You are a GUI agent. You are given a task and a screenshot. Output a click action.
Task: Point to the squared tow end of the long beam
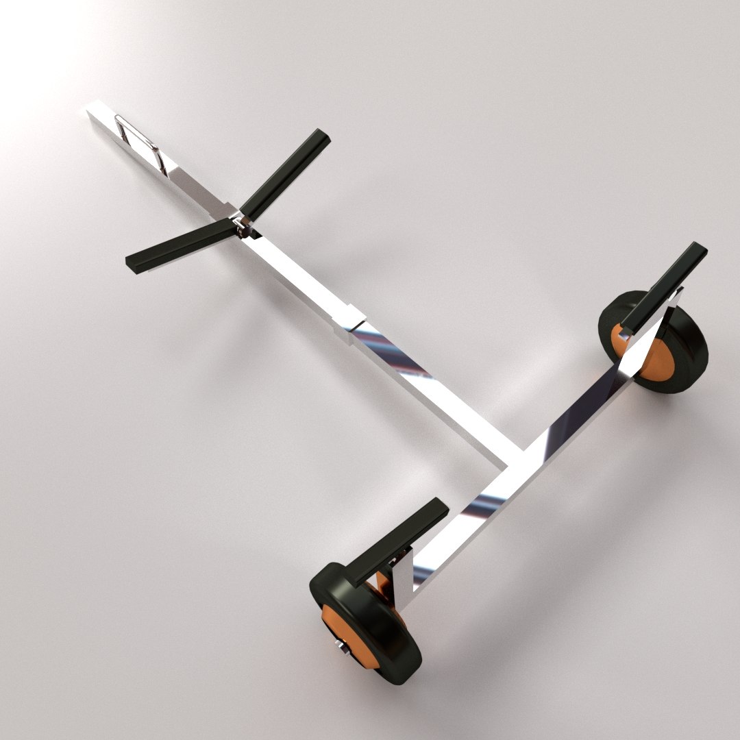96,116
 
